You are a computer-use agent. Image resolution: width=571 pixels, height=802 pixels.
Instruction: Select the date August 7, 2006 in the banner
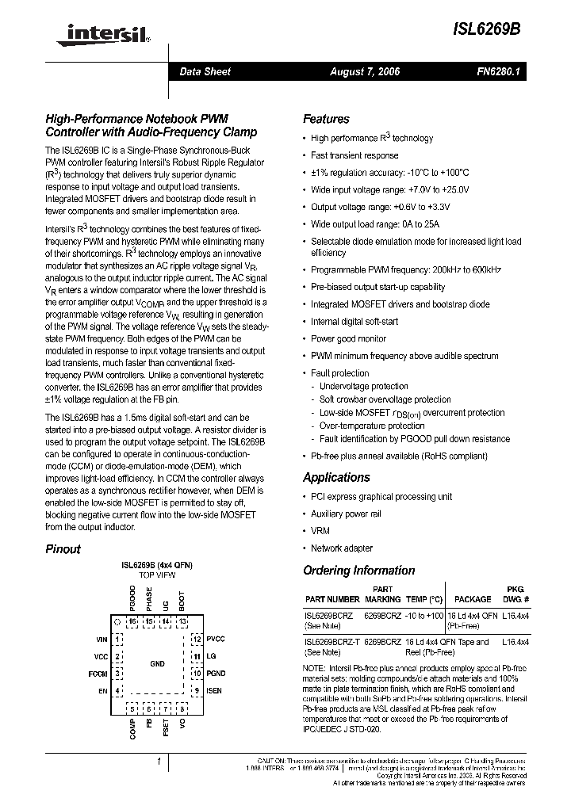[x=365, y=72]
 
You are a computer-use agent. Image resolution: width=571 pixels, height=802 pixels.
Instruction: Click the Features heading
[x=326, y=119]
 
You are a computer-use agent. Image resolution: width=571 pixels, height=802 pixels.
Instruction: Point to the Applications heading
[x=336, y=477]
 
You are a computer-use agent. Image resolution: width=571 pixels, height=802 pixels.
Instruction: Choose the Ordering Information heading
[x=358, y=571]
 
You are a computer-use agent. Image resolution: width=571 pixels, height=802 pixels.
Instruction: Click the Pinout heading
[x=63, y=548]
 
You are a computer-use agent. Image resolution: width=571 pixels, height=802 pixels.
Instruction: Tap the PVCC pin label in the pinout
[x=216, y=639]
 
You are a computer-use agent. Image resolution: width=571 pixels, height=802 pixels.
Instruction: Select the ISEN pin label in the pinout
[x=215, y=690]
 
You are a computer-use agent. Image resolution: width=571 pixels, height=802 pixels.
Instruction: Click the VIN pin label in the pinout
[x=102, y=639]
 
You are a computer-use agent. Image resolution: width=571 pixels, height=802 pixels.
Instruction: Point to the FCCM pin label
[x=98, y=674]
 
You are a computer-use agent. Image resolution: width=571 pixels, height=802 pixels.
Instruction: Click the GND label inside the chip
[x=157, y=663]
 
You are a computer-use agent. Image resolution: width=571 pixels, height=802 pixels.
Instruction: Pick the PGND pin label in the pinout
[x=216, y=674]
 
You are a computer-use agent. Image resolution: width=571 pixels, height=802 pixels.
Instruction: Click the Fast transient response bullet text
[x=354, y=155]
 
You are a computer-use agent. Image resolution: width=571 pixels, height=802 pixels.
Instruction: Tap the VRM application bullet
[x=320, y=531]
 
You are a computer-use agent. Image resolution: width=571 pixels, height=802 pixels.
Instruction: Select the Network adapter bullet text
[x=341, y=548]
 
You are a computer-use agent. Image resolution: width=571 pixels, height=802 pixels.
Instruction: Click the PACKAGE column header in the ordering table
[x=473, y=600]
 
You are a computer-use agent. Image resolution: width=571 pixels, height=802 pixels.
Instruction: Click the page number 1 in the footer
[x=159, y=762]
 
